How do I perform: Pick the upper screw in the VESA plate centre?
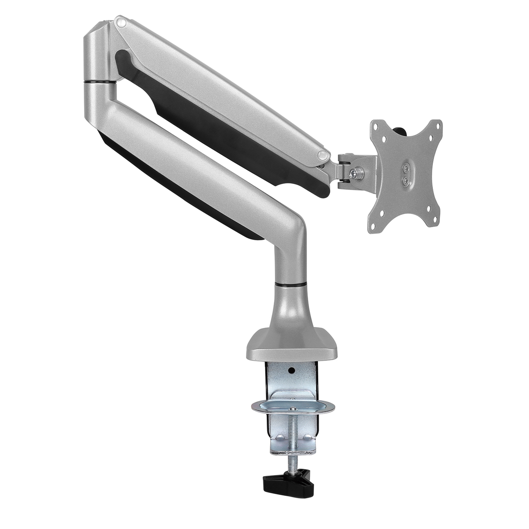[406, 168]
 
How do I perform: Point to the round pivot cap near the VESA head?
[324, 155]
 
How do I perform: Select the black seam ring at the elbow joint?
[100, 82]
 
